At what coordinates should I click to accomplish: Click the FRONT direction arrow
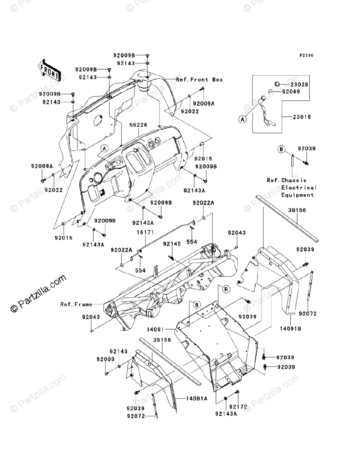tap(49, 70)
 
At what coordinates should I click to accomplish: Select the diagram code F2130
tap(307, 55)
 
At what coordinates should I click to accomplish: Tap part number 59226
tap(138, 125)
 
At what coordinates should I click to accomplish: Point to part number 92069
tap(291, 92)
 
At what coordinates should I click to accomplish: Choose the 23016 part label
tap(302, 117)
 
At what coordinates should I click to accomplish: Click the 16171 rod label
tap(146, 232)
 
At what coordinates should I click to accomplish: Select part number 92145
tap(172, 244)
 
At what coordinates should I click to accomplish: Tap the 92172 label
tap(238, 407)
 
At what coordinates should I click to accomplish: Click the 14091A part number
tap(197, 399)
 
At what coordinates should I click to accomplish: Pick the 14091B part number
tap(290, 328)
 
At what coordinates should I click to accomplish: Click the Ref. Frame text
tap(76, 304)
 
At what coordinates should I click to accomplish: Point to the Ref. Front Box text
tap(200, 79)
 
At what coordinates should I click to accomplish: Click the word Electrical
tap(299, 188)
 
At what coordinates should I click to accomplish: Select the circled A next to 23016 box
tap(242, 119)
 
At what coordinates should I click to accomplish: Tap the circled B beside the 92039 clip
tap(281, 149)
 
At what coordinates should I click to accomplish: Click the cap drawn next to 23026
tap(277, 84)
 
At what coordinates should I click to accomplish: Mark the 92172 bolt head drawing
tap(237, 392)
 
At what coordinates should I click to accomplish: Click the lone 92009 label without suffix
tap(105, 360)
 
